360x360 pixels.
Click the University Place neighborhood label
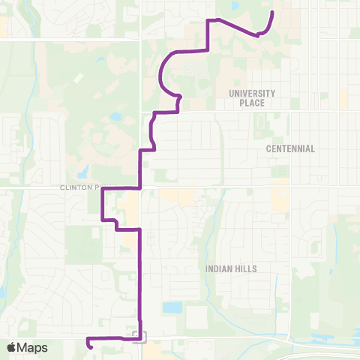253,97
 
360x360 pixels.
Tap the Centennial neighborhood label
290,148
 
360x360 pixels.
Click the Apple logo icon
12,347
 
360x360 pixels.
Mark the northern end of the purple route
272,13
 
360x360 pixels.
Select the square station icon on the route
136,334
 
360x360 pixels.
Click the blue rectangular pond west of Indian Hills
172,307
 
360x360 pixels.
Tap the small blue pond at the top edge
235,5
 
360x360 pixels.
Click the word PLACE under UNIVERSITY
253,103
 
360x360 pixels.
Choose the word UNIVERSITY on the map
253,93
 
